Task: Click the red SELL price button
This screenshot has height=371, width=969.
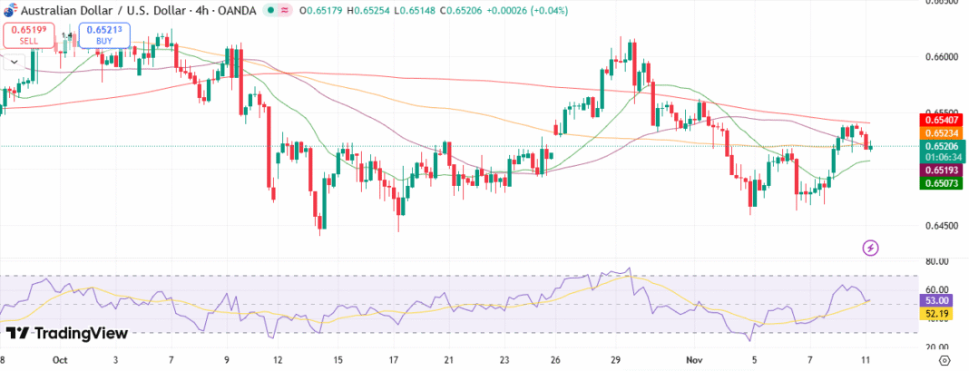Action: pos(28,35)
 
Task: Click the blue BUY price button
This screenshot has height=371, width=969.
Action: pos(104,35)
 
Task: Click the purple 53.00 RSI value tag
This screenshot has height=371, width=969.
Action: pos(937,300)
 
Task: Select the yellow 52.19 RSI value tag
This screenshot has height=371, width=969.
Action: pos(937,314)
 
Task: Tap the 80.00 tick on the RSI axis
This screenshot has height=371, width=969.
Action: pos(937,261)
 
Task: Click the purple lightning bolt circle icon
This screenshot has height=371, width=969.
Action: pos(871,247)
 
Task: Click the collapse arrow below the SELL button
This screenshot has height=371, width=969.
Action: pos(14,62)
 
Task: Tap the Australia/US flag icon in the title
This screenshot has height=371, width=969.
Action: pos(7,9)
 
